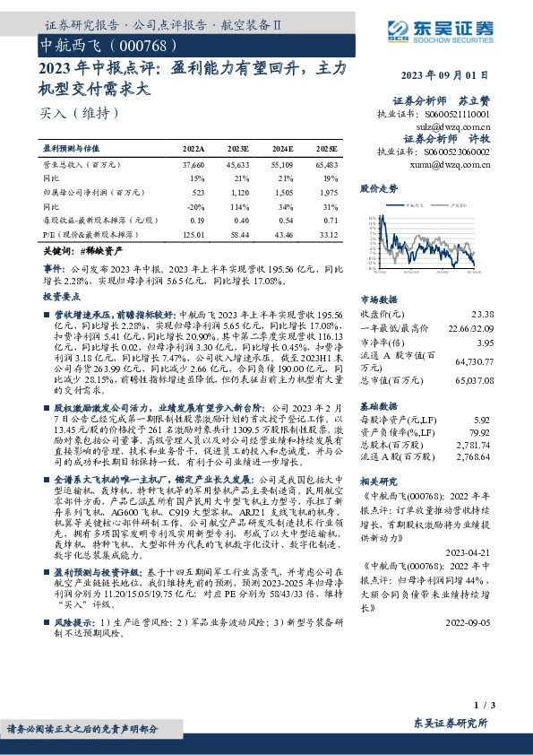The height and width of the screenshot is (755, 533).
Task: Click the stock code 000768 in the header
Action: click(140, 43)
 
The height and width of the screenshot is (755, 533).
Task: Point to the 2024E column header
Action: click(281, 148)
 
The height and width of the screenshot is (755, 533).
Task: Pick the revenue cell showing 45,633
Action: click(237, 166)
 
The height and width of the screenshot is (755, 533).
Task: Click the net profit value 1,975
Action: click(326, 192)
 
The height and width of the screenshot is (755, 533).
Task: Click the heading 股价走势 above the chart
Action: click(378, 189)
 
